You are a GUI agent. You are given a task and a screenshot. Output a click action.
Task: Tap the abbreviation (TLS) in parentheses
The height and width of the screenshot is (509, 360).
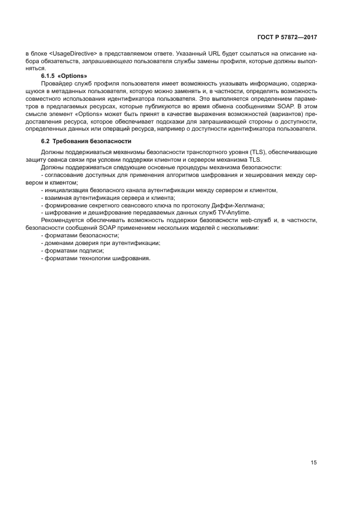267,151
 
